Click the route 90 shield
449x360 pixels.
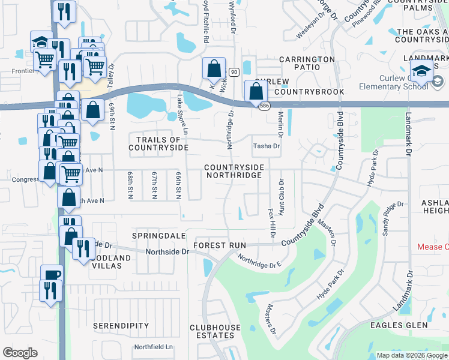point(234,72)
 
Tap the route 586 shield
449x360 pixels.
point(264,106)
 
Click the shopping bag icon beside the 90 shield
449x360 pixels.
point(214,69)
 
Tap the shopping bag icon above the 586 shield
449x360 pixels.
point(256,92)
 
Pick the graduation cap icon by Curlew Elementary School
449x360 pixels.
point(423,71)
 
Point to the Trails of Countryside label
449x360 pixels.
point(158,143)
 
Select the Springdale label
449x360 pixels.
point(156,236)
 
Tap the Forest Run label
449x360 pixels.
point(220,245)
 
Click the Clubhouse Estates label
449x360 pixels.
point(215,332)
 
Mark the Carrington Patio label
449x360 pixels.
point(306,64)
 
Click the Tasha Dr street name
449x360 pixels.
point(267,146)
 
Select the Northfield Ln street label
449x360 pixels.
point(153,347)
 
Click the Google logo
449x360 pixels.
point(20,353)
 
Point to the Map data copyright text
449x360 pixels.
point(411,355)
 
